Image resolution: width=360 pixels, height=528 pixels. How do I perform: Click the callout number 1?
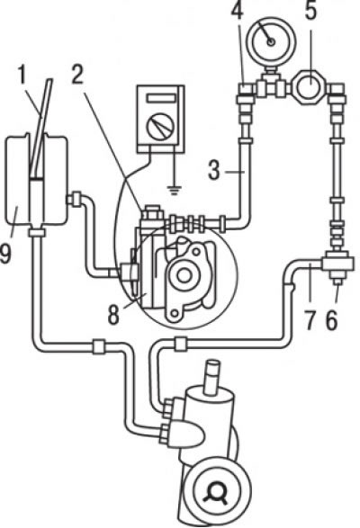[x=22, y=75]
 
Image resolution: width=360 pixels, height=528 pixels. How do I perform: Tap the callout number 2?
[x=77, y=75]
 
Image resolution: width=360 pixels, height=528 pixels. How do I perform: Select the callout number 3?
[x=213, y=170]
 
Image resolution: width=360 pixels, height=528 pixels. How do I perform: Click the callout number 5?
[x=310, y=11]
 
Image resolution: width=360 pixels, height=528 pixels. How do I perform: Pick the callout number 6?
[x=332, y=320]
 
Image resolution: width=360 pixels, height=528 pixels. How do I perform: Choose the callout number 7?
[x=311, y=320]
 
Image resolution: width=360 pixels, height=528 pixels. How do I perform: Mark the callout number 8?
[x=113, y=316]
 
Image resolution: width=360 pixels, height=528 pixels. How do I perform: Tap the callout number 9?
[x=5, y=253]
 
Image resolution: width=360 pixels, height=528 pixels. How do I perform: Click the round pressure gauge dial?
[x=270, y=41]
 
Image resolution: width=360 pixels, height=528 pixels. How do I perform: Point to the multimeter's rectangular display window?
[x=161, y=98]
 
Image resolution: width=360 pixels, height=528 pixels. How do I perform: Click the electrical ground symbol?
[x=175, y=191]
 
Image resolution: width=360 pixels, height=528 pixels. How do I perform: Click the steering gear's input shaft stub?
[x=213, y=377]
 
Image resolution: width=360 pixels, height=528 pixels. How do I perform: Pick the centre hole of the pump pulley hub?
[x=184, y=275]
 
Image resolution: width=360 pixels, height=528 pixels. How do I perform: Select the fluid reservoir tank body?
[x=35, y=180]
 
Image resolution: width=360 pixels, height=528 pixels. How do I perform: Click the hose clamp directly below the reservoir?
[x=37, y=232]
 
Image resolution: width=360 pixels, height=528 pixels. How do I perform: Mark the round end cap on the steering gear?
[x=216, y=492]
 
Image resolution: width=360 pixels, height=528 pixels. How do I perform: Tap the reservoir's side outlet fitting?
[x=75, y=198]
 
